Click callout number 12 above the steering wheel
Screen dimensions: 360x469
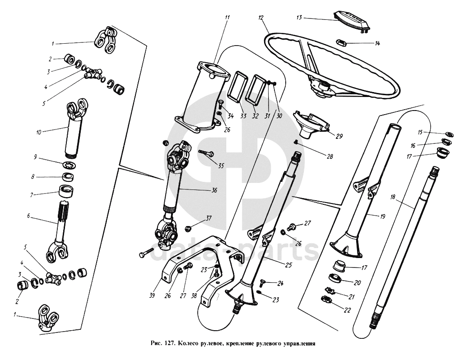[261, 18]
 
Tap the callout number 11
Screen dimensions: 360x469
[227, 18]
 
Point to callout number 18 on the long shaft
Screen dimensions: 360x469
[394, 198]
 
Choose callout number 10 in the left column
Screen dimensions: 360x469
[39, 133]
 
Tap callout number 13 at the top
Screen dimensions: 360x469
[299, 18]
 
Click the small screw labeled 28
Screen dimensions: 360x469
[295, 143]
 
